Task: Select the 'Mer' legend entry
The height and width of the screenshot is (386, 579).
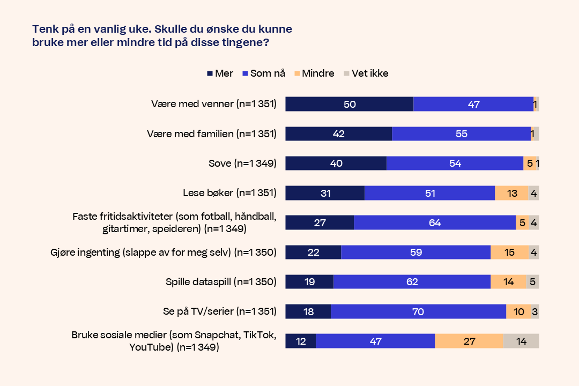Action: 220,73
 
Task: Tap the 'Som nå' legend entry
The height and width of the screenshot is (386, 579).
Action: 263,73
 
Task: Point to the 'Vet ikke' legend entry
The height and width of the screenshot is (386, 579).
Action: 366,73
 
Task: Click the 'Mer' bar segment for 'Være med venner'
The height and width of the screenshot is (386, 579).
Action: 349,104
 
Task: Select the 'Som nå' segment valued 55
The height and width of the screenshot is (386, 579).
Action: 461,134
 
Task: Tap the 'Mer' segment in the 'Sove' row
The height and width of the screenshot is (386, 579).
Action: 336,164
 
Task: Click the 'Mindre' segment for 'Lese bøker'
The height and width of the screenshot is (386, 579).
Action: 511,193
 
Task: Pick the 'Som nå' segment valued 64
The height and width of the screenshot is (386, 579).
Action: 434,222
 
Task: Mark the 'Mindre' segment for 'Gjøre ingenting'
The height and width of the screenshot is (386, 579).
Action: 509,252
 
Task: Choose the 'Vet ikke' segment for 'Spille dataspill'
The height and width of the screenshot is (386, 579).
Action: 532,281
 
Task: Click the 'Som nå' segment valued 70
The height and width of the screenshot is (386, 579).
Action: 418,311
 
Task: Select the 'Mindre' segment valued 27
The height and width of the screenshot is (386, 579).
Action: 469,341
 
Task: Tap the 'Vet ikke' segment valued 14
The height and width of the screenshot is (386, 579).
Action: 521,341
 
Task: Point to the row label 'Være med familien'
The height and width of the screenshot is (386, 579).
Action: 211,134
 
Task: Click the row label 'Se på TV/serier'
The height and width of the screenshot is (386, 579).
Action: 219,311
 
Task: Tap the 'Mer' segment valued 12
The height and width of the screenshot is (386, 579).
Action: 300,341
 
